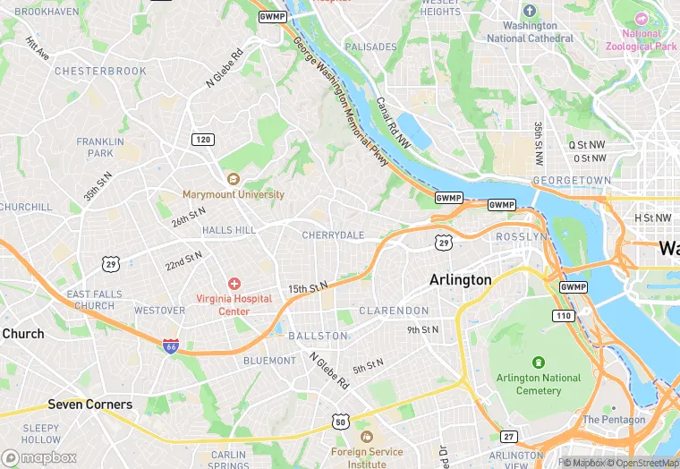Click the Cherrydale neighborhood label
[333, 235]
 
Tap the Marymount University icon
[234, 178]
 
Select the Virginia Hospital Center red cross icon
[234, 284]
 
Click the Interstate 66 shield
[171, 345]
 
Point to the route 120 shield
[203, 140]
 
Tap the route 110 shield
[563, 316]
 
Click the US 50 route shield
[339, 421]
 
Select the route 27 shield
[508, 437]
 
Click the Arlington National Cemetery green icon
[539, 362]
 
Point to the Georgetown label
[571, 180]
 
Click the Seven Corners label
[89, 405]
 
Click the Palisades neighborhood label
[370, 47]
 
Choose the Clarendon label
[394, 311]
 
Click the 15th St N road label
[308, 288]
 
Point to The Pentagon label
[614, 420]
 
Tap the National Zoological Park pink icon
[641, 18]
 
